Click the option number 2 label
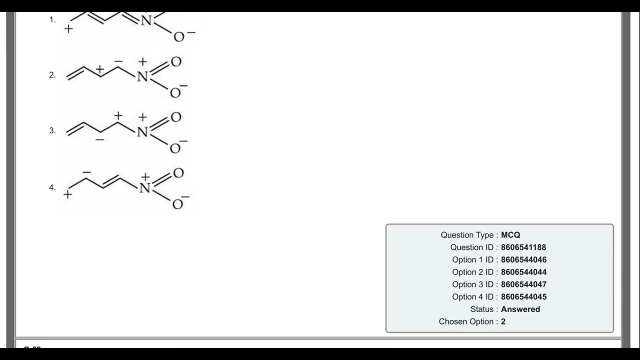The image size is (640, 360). click(x=52, y=75)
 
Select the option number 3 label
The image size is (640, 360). click(x=52, y=130)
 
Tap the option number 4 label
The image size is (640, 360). click(x=52, y=187)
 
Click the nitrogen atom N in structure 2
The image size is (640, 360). click(x=142, y=76)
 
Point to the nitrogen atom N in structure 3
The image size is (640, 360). click(x=142, y=132)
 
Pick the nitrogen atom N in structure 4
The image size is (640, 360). click(x=144, y=188)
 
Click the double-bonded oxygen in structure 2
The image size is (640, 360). click(x=176, y=61)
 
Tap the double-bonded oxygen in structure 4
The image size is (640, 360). click(x=178, y=173)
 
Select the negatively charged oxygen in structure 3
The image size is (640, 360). click(x=175, y=148)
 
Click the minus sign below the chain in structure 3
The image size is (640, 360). click(x=99, y=139)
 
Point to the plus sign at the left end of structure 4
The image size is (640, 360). click(x=67, y=194)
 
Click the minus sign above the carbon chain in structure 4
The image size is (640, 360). click(x=86, y=172)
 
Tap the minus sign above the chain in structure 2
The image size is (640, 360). click(x=118, y=61)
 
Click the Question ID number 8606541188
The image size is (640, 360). click(x=523, y=247)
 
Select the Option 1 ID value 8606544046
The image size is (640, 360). click(x=523, y=259)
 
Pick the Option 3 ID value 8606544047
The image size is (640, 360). click(x=523, y=284)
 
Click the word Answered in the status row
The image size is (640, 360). click(x=520, y=309)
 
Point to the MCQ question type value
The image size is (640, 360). click(x=510, y=235)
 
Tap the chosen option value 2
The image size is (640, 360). click(x=503, y=321)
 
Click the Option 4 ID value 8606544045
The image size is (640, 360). click(x=523, y=297)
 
